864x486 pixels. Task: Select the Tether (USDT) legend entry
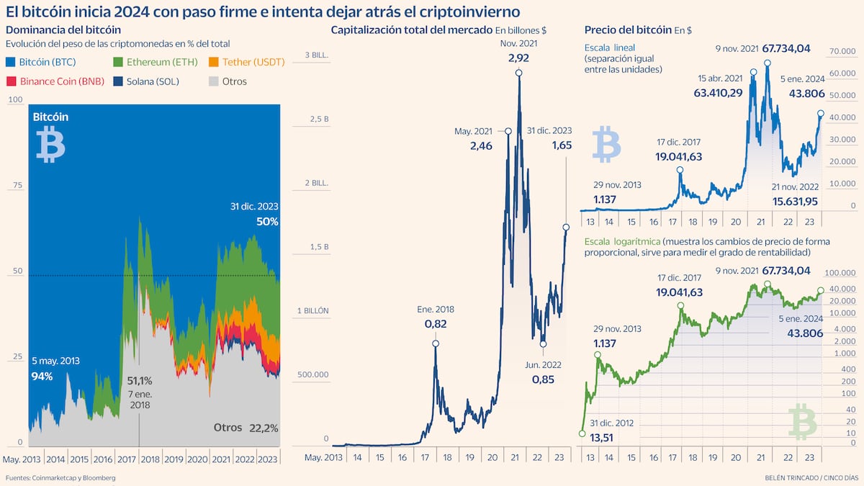pyautogui.click(x=248, y=63)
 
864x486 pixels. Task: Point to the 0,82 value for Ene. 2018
pyautogui.click(x=435, y=324)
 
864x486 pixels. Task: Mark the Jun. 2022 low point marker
pyautogui.click(x=544, y=344)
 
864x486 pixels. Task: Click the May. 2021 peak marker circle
pyautogui.click(x=508, y=131)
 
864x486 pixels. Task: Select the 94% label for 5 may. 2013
pyautogui.click(x=42, y=376)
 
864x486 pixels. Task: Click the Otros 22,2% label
pyautogui.click(x=246, y=427)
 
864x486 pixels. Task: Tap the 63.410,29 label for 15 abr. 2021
pyautogui.click(x=718, y=93)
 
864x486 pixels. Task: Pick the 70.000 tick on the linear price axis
pyautogui.click(x=842, y=52)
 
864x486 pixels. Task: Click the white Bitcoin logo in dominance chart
pyautogui.click(x=50, y=144)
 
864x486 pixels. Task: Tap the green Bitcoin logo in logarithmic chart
pyautogui.click(x=803, y=421)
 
